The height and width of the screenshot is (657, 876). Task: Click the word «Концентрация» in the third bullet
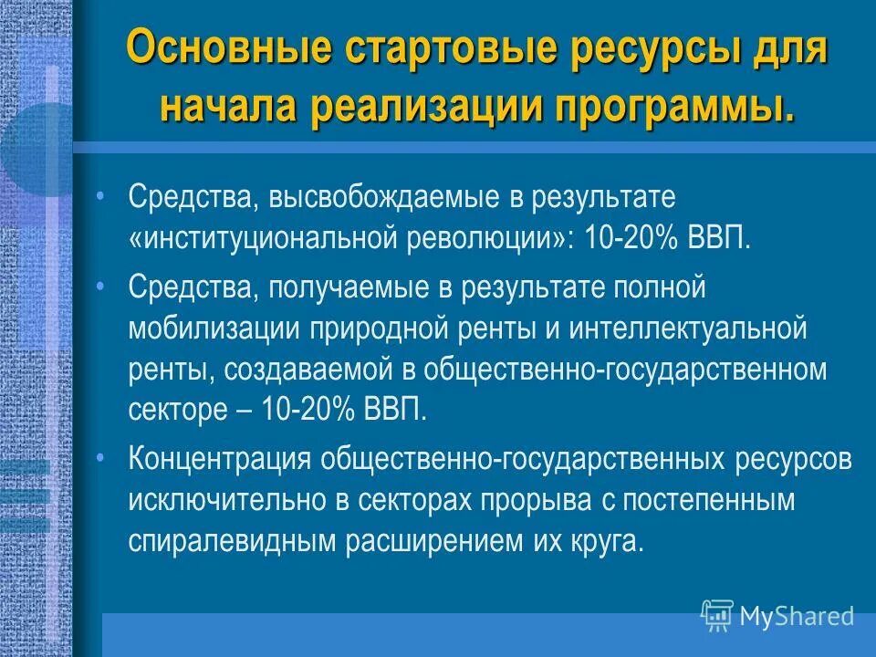coord(216,458)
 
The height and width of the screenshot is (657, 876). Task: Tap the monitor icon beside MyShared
coord(717,616)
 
